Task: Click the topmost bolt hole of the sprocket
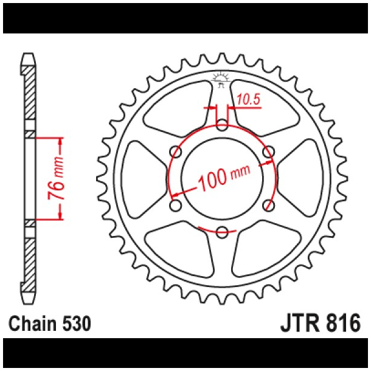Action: click(222, 125)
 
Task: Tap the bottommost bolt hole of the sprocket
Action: click(222, 231)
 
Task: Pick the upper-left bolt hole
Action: click(176, 151)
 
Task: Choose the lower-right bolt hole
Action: click(268, 205)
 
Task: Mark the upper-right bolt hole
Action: click(268, 151)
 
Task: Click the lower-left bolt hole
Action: click(176, 205)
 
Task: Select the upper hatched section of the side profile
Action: click(29, 91)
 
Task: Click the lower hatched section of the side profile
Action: click(29, 262)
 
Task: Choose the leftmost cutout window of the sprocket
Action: click(142, 178)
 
